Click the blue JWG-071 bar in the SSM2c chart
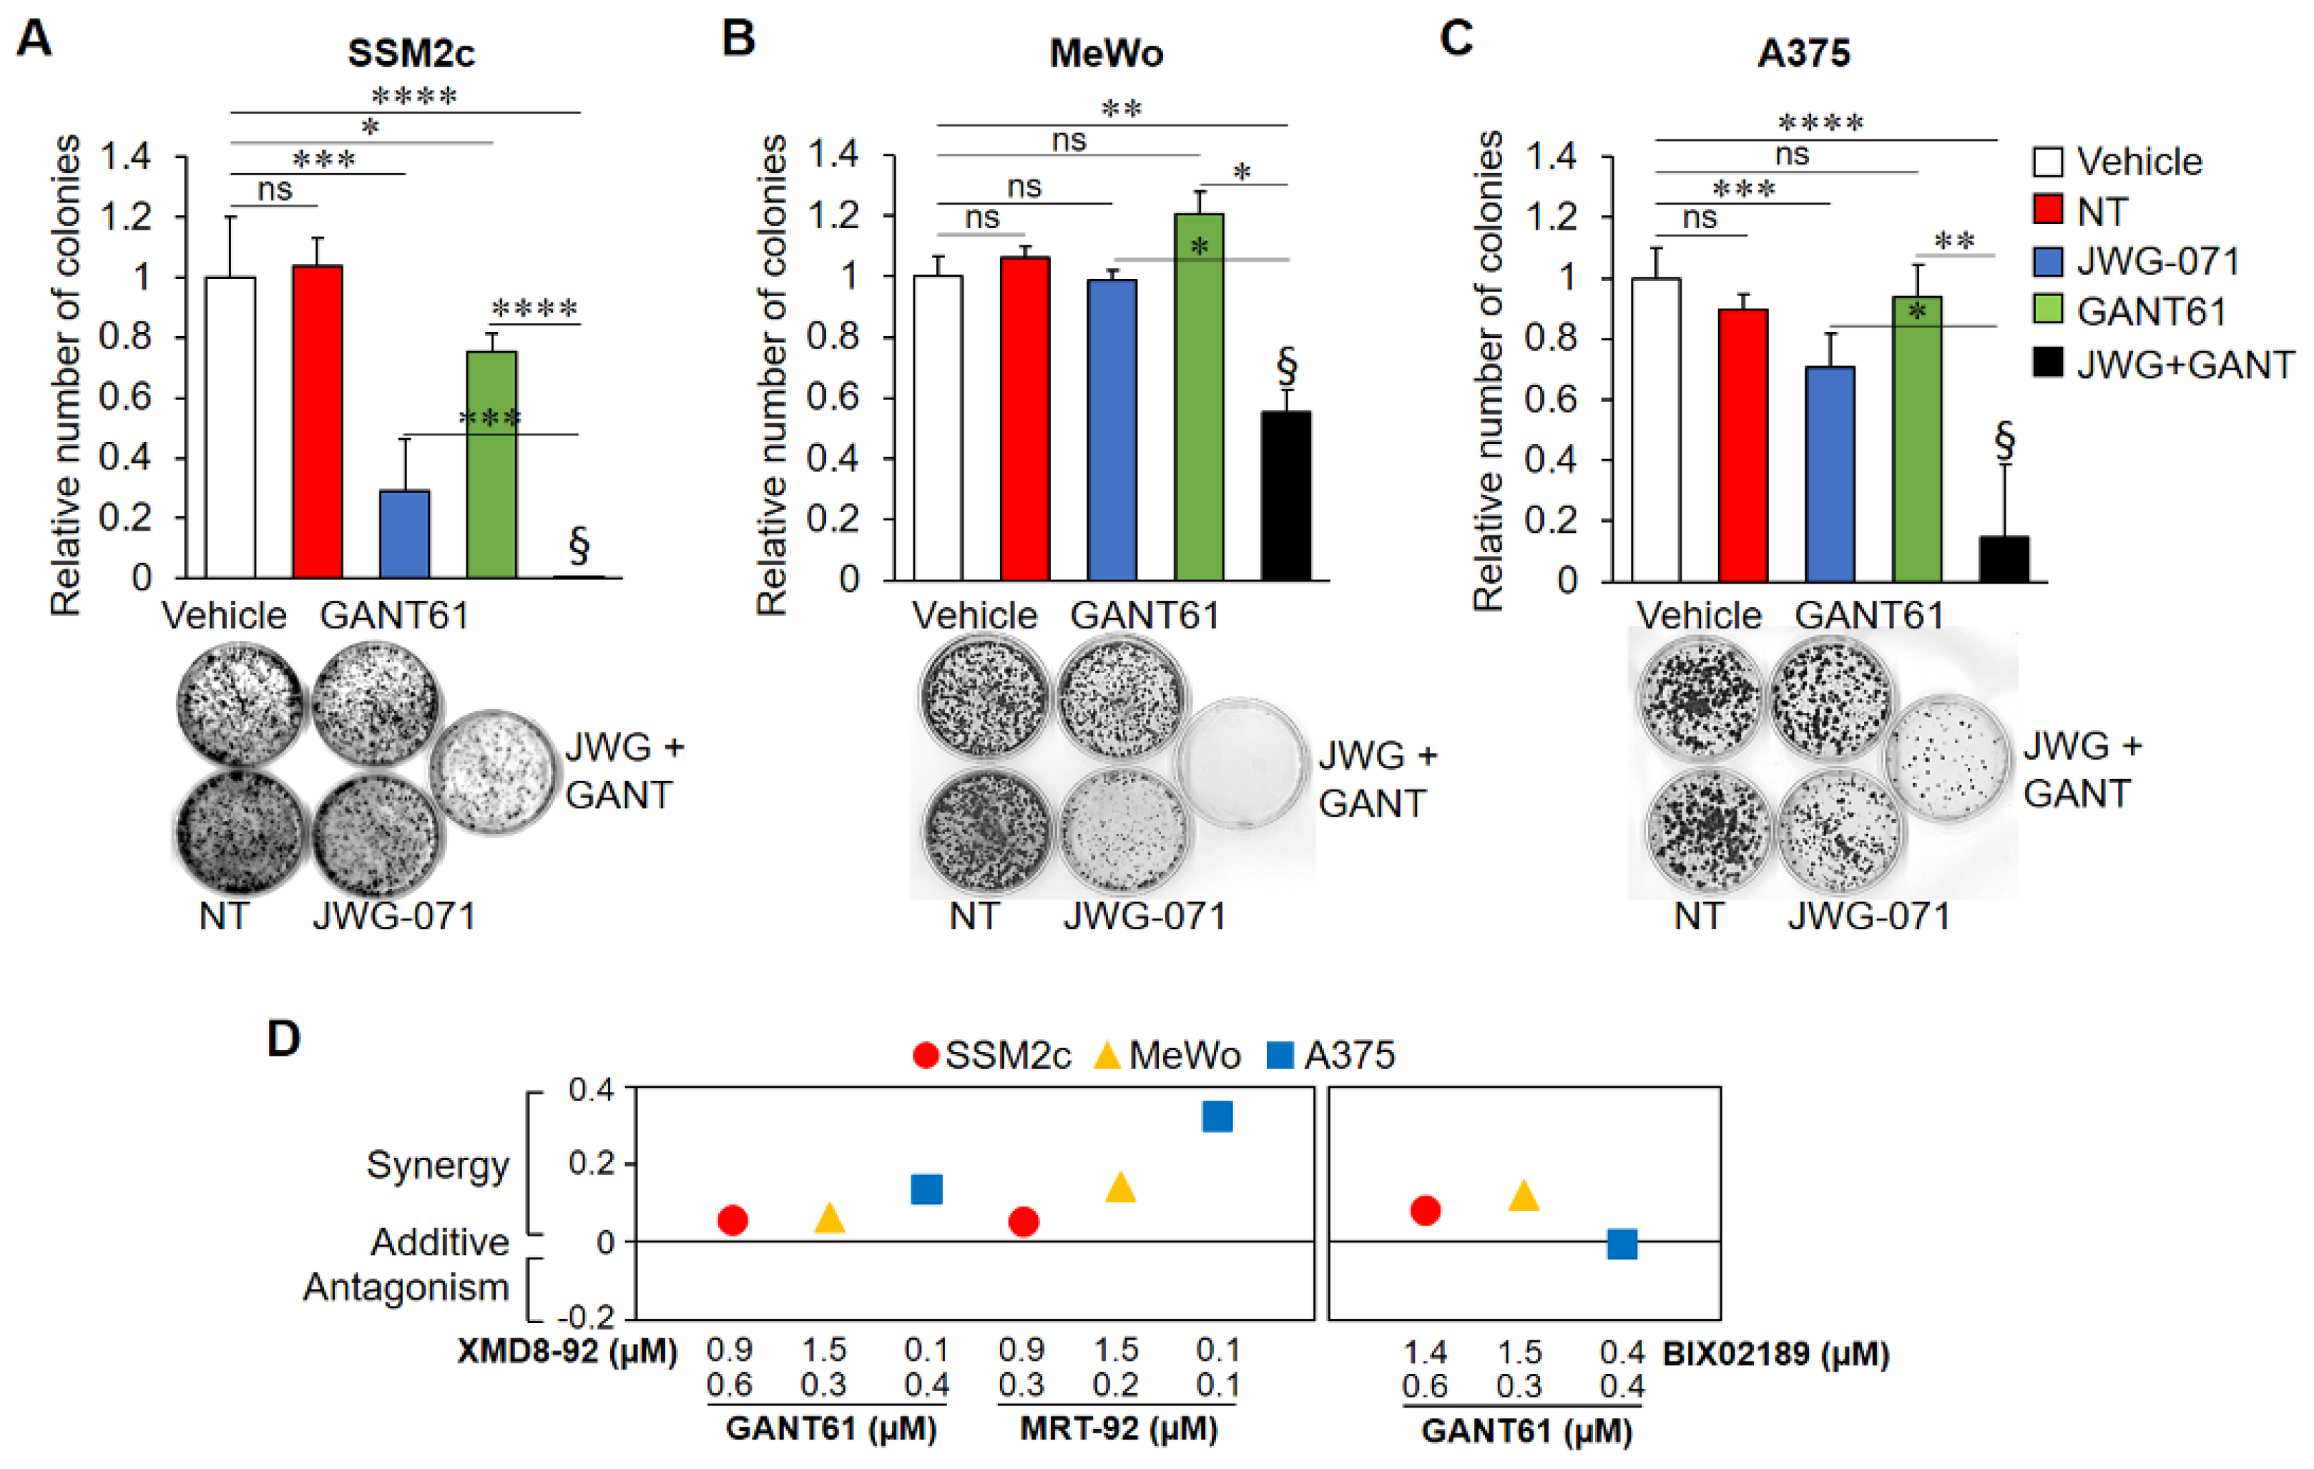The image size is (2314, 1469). pyautogui.click(x=405, y=534)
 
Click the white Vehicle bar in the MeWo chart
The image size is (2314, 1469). pyautogui.click(x=937, y=428)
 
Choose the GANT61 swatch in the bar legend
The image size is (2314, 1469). pyautogui.click(x=2048, y=310)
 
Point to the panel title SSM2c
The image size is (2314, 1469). pyautogui.click(x=411, y=53)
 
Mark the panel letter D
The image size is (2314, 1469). pyautogui.click(x=283, y=1038)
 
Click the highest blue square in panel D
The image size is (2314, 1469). pyautogui.click(x=1217, y=1116)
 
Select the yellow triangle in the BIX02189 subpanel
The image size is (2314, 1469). pyautogui.click(x=1523, y=1196)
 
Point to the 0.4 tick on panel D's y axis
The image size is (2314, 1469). pyautogui.click(x=590, y=1089)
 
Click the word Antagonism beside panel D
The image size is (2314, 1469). pyautogui.click(x=406, y=1287)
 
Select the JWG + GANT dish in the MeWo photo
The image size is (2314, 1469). pyautogui.click(x=1242, y=764)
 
